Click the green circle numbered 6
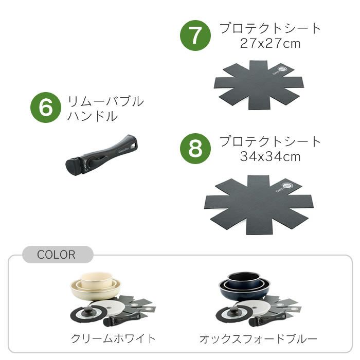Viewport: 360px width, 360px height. pyautogui.click(x=46, y=108)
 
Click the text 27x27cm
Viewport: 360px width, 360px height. pyautogui.click(x=270, y=43)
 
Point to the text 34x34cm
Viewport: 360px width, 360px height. pyautogui.click(x=270, y=156)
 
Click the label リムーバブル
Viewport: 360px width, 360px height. pyautogui.click(x=105, y=101)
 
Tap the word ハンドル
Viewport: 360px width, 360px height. pyautogui.click(x=93, y=116)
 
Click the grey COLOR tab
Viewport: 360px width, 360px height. pyautogui.click(x=57, y=255)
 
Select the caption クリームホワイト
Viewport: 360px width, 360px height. pyautogui.click(x=113, y=338)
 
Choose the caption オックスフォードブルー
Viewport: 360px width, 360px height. pyautogui.click(x=258, y=338)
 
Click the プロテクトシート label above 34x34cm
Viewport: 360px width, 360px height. pyautogui.click(x=270, y=141)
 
